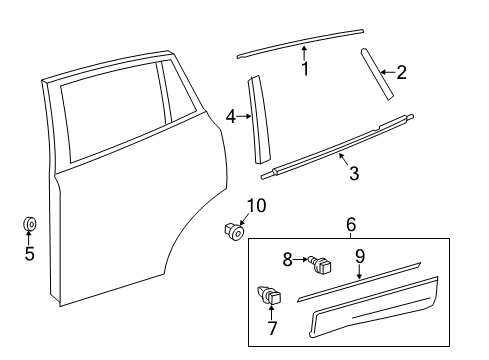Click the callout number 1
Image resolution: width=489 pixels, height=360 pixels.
[306, 69]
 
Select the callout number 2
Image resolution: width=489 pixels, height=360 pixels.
[401, 71]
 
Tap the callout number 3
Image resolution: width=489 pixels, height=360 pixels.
[353, 174]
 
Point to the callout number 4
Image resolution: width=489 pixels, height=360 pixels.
[231, 117]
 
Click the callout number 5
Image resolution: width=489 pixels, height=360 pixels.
[29, 254]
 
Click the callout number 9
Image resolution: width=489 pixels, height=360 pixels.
[360, 255]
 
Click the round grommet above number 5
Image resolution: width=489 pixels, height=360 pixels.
[29, 223]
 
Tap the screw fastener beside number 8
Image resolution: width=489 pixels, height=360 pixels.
[320, 265]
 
